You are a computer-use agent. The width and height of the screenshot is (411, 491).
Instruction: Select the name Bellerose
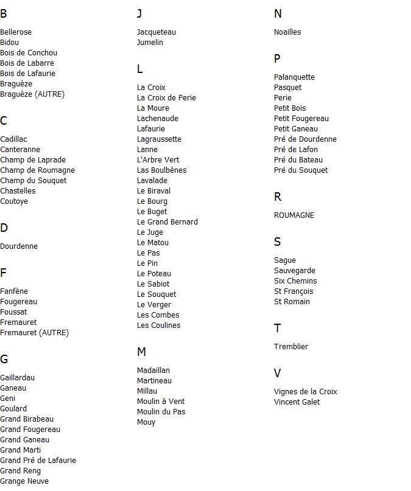coord(16,32)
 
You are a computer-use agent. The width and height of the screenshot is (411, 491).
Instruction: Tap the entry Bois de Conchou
coord(29,53)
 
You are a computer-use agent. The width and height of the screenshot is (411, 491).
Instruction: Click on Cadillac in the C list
coord(13,139)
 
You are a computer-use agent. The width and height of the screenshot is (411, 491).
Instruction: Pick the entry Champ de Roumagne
coord(37,170)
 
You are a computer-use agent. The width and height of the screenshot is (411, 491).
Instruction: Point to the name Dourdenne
coord(19,246)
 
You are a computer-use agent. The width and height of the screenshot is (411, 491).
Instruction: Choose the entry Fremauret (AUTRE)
coord(34,333)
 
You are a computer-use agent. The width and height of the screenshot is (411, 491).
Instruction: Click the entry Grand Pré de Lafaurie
coord(38,461)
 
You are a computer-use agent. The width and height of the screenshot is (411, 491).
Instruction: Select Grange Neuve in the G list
coord(24,481)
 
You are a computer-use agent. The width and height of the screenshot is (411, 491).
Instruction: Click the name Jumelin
coord(150,43)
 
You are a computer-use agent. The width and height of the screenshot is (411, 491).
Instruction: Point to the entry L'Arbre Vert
coord(158,160)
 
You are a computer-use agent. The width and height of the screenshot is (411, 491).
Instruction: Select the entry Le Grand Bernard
coord(167,222)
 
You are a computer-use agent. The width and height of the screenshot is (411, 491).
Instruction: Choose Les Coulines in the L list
coord(158,326)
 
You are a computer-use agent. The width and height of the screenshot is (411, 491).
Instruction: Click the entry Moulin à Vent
coord(161,402)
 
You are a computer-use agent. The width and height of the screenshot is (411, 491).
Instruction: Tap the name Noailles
coord(287,32)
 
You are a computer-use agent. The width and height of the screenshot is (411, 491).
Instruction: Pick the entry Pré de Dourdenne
coord(305,139)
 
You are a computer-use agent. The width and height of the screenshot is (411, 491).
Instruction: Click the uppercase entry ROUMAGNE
coord(294,215)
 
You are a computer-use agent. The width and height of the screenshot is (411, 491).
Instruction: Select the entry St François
coord(293,291)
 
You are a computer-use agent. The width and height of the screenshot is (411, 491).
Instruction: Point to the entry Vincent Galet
coord(297,402)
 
